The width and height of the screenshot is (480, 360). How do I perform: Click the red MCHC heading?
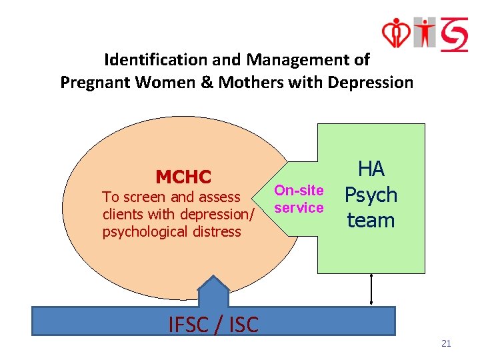pyautogui.click(x=183, y=177)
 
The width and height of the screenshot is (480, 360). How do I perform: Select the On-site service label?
pyautogui.click(x=299, y=199)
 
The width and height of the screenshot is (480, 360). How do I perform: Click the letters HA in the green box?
pyautogui.click(x=371, y=169)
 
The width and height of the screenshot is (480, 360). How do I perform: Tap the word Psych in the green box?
pyautogui.click(x=371, y=195)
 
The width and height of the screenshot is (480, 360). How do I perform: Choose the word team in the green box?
pyautogui.click(x=371, y=220)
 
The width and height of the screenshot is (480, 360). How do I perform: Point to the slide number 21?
pyautogui.click(x=446, y=343)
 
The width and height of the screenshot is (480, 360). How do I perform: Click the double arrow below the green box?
pyautogui.click(x=371, y=289)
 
